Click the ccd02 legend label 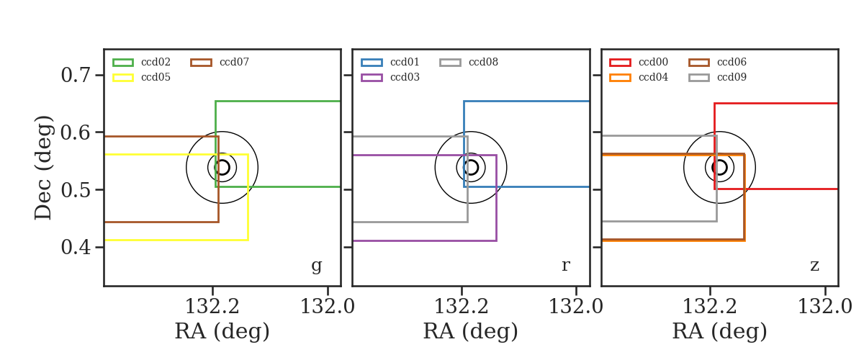click(156, 62)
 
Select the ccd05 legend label click(156, 77)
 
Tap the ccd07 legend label click(234, 62)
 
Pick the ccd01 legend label click(405, 62)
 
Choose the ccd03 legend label click(405, 77)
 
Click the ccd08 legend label click(483, 62)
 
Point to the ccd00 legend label click(653, 62)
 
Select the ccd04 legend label click(653, 77)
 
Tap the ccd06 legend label click(732, 62)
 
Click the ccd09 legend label click(732, 77)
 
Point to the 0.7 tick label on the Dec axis click(76, 75)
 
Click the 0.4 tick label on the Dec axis click(76, 247)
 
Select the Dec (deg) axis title click(42, 168)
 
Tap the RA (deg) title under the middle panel click(471, 331)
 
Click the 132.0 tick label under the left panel click(328, 307)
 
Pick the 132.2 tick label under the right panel click(710, 307)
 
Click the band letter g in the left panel click(316, 266)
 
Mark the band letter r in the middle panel click(565, 265)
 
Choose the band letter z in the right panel click(814, 266)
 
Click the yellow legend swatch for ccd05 click(123, 78)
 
